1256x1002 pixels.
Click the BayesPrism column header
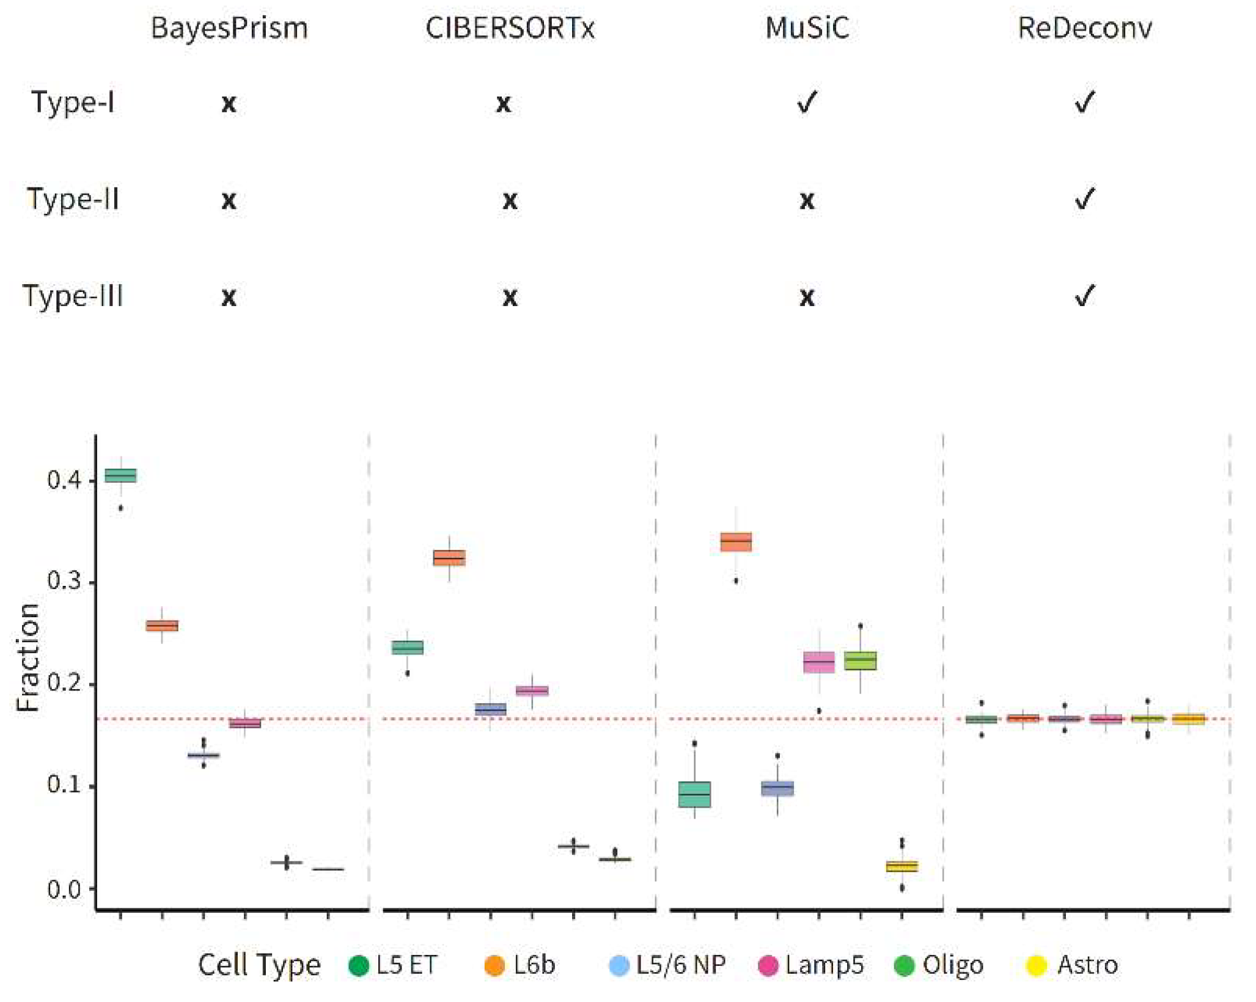point(229,28)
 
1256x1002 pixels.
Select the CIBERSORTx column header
point(510,28)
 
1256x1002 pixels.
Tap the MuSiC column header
point(807,28)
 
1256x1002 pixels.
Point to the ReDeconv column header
point(1085,28)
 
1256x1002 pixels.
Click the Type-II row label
point(73,199)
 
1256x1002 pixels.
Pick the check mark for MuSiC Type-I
point(807,102)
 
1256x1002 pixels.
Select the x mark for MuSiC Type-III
point(807,298)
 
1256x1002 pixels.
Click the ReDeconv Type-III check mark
point(1085,296)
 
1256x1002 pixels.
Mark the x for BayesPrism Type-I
point(229,103)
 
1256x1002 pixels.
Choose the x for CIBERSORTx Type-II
point(510,200)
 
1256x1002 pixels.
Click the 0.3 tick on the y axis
point(64,581)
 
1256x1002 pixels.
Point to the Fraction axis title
point(28,657)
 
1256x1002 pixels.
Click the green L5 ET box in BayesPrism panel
point(121,475)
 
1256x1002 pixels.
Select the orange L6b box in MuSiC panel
point(736,542)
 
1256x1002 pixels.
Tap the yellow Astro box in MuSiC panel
point(902,866)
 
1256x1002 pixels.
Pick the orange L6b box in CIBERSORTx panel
point(449,558)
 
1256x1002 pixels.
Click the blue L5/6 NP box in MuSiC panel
point(777,789)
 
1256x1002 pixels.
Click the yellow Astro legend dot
point(1037,965)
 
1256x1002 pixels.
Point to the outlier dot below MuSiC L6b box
point(736,581)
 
